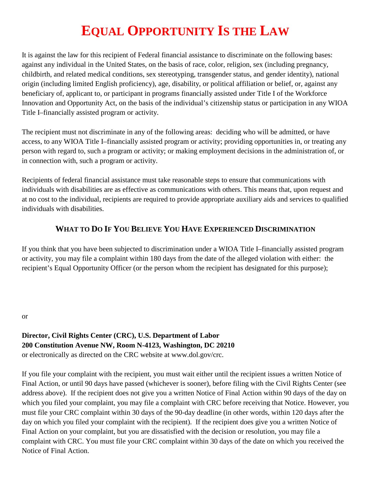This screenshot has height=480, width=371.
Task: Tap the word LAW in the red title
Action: tap(274, 31)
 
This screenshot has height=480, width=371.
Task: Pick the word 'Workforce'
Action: tap(311, 93)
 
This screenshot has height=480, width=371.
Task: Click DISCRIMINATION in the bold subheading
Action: tap(285, 229)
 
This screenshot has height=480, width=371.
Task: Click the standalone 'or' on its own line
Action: tap(25, 316)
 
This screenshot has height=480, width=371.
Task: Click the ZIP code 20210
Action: tap(225, 345)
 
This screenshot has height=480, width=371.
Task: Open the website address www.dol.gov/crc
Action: tap(197, 355)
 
